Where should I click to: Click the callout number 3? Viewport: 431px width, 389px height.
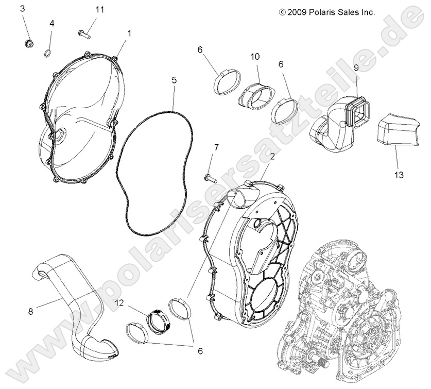23,9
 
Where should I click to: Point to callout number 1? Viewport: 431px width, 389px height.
129,33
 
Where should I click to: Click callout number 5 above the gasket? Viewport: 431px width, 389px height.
174,80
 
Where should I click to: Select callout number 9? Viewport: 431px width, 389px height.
355,67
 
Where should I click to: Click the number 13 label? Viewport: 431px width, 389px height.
400,175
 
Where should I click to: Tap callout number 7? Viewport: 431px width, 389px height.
216,147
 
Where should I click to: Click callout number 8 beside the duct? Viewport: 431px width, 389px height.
31,311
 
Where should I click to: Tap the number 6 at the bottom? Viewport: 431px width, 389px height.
200,351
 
